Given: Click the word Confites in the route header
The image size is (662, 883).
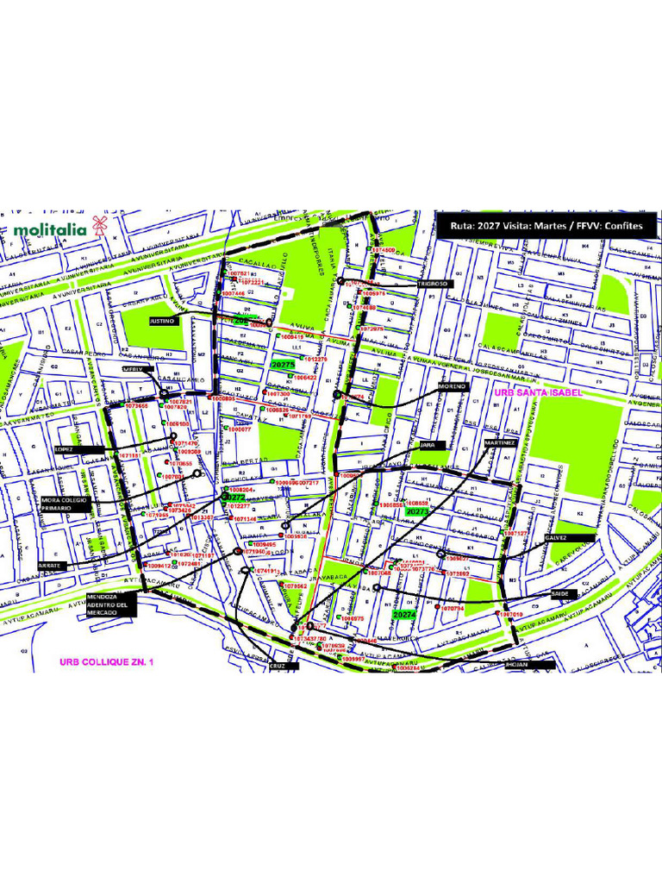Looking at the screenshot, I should (x=623, y=226).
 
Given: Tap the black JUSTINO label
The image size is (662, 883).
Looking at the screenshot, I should (x=163, y=320).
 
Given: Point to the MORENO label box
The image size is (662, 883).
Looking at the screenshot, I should (x=452, y=387).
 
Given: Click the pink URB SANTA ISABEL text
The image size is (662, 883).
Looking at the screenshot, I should (x=539, y=392).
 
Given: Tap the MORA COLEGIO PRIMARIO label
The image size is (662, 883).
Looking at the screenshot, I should (x=63, y=504).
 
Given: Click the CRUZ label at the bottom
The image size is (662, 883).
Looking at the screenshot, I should (x=278, y=667).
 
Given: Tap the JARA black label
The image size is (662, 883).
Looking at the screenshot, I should (x=428, y=445).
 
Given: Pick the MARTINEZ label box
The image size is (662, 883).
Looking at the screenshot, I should (x=500, y=442).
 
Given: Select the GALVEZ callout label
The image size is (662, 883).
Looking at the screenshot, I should (x=556, y=537).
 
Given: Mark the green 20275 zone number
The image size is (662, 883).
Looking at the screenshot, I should (x=283, y=366).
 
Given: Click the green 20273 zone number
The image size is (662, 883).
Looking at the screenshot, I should (x=417, y=512).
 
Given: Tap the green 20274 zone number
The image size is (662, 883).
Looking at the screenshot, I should (x=404, y=616).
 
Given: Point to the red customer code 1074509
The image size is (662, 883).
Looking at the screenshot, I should (x=384, y=250).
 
